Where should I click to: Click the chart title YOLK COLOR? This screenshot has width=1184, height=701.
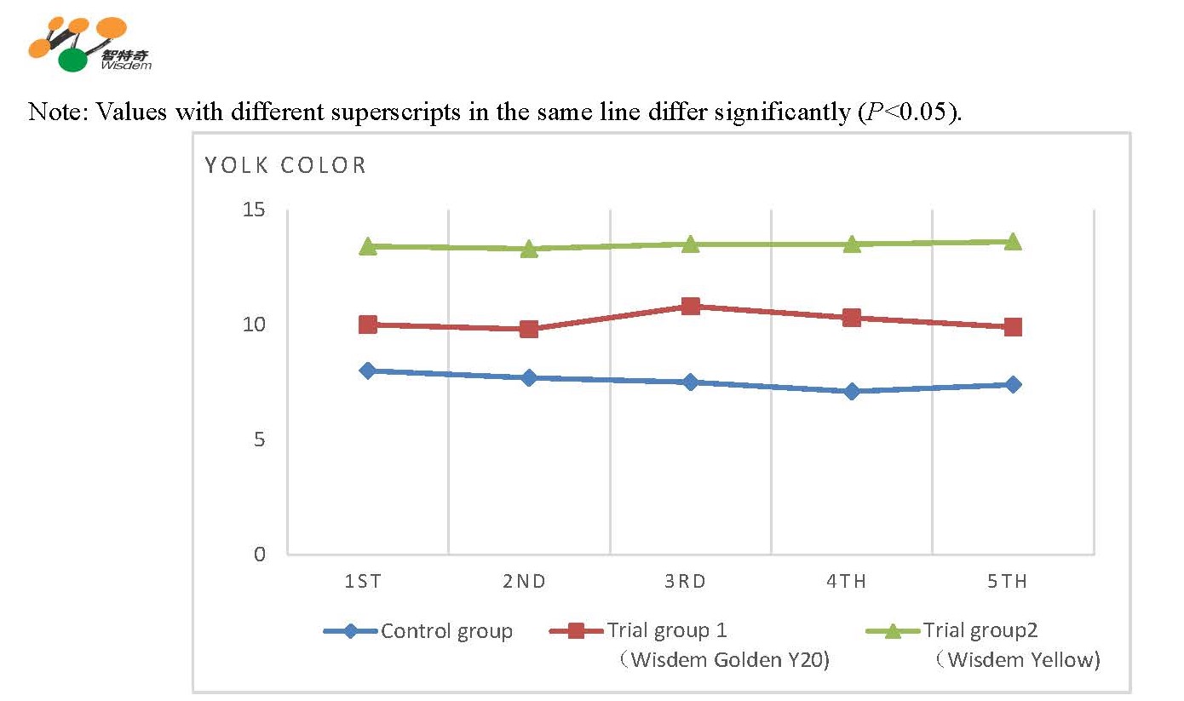[285, 165]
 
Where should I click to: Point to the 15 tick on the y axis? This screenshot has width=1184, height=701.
[255, 210]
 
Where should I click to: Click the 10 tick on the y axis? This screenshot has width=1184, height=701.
[255, 325]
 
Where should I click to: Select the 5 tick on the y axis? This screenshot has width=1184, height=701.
[259, 440]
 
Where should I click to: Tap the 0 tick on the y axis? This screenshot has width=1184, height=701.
[260, 554]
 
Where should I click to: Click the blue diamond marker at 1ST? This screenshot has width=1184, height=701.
[368, 371]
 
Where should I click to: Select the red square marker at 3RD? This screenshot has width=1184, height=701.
[690, 306]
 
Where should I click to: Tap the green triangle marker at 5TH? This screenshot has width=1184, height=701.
[1013, 242]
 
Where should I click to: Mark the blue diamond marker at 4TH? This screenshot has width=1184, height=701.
[852, 392]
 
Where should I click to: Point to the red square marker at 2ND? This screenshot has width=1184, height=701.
[529, 329]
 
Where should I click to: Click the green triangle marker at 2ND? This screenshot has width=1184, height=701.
[529, 249]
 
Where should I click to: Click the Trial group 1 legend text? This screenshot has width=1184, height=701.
[667, 630]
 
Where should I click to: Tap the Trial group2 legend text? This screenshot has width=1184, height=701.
[981, 630]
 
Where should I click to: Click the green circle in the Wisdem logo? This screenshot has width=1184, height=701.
[73, 60]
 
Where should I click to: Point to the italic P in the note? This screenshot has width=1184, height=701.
[879, 112]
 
